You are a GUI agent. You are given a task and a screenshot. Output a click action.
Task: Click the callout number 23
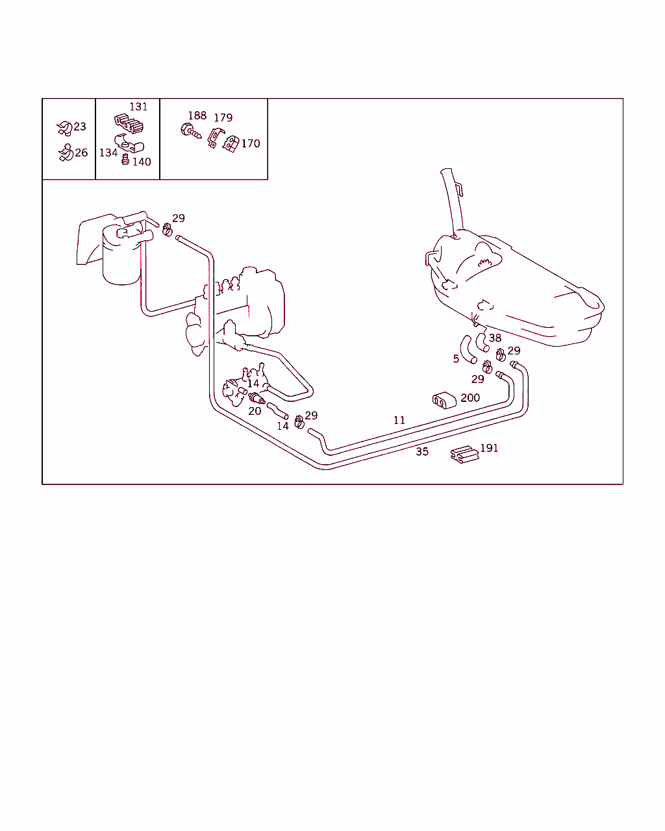coord(80,126)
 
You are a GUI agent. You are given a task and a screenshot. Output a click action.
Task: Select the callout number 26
coord(81,153)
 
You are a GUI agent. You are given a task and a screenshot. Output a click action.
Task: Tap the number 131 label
coord(138,106)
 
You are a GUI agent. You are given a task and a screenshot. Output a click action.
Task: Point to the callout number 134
coord(108,153)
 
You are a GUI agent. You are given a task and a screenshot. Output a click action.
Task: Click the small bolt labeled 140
coord(125,160)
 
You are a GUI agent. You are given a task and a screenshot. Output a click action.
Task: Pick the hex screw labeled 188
coord(190,130)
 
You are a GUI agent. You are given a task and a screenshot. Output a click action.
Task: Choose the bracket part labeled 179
coord(215,138)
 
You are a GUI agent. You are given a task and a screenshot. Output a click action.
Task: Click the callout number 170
coord(251,143)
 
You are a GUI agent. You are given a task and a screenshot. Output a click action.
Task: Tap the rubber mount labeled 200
coord(444,400)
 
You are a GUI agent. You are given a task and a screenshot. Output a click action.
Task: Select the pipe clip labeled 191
coord(464,454)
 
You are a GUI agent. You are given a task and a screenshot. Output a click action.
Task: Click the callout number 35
coord(422,452)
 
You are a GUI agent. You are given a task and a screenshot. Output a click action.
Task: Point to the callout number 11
coord(399,420)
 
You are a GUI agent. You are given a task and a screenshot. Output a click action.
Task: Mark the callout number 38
coord(495,338)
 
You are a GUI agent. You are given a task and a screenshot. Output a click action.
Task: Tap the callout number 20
coord(255,411)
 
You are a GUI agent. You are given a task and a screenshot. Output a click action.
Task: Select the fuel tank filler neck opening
coord(446,171)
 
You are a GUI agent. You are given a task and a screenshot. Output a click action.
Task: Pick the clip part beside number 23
coord(64,129)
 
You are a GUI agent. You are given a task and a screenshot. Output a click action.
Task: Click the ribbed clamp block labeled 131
coord(129,123)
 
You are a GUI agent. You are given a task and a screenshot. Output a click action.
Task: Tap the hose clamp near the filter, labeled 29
coord(167,230)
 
